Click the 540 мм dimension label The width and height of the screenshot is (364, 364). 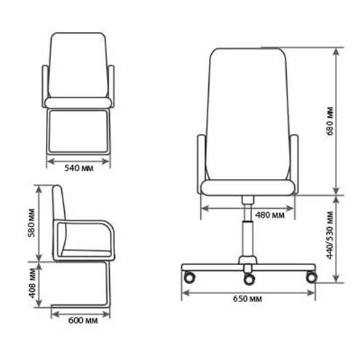[x=79, y=168]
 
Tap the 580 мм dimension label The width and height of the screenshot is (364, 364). [x=32, y=223]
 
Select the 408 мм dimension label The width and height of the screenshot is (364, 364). [x=32, y=283]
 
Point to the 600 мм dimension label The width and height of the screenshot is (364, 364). [x=83, y=320]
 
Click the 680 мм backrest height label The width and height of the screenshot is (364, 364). [x=331, y=121]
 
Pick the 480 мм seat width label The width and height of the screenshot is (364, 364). [x=269, y=215]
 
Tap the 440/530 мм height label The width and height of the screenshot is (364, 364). [x=331, y=235]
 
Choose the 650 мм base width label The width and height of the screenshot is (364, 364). [x=248, y=298]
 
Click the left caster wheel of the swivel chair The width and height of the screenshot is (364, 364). [x=189, y=277]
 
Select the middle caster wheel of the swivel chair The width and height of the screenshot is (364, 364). [x=249, y=279]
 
